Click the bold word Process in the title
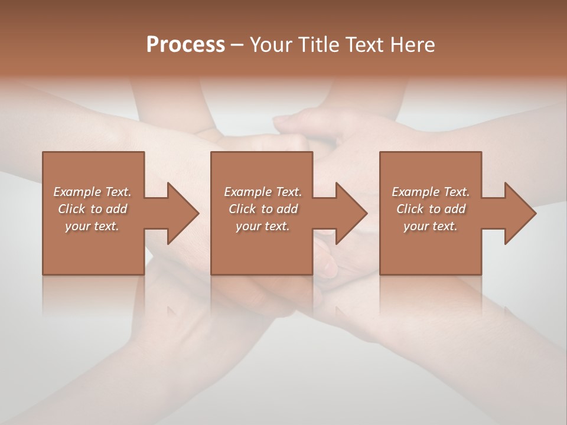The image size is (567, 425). coord(185,45)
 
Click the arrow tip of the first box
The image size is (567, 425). coord(198,213)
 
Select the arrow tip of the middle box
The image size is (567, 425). coord(366,213)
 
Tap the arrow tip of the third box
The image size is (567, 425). coord(535,213)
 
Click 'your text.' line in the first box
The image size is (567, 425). coord(92,226)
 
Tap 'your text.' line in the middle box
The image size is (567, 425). coord(263,226)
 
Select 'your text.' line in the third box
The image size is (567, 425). coord(431,226)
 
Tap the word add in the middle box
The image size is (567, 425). coord(287,209)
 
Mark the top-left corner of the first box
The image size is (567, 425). coord(43,153)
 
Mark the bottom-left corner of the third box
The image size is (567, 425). coord(380,274)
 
